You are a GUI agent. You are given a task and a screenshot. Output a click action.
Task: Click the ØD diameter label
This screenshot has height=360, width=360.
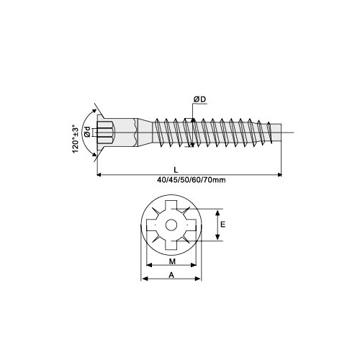tap(199, 99)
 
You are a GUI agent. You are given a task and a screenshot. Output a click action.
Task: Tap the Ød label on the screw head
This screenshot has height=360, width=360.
tap(88, 132)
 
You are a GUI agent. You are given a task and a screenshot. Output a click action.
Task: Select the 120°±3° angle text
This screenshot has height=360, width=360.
tap(76, 138)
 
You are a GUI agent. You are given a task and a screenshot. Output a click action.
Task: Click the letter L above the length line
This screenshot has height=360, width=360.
tap(176, 170)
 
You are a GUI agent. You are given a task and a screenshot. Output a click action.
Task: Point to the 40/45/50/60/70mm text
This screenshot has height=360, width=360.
tap(192, 180)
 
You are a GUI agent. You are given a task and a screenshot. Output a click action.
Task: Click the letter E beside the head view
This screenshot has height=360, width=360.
tap(223, 225)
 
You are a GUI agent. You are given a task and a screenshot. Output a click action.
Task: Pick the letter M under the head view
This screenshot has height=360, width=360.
tap(172, 261)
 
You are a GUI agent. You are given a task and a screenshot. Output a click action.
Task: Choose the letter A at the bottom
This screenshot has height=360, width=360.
tap(171, 275)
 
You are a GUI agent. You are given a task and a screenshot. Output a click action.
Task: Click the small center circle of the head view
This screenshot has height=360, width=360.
tap(171, 225)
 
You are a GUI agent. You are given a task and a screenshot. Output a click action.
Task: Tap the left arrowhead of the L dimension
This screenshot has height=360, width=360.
tap(99, 175)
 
